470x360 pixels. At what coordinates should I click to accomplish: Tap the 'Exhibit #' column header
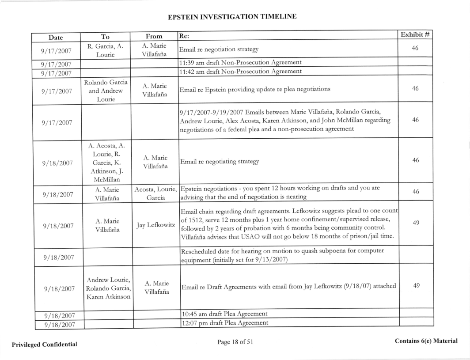coord(415,35)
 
